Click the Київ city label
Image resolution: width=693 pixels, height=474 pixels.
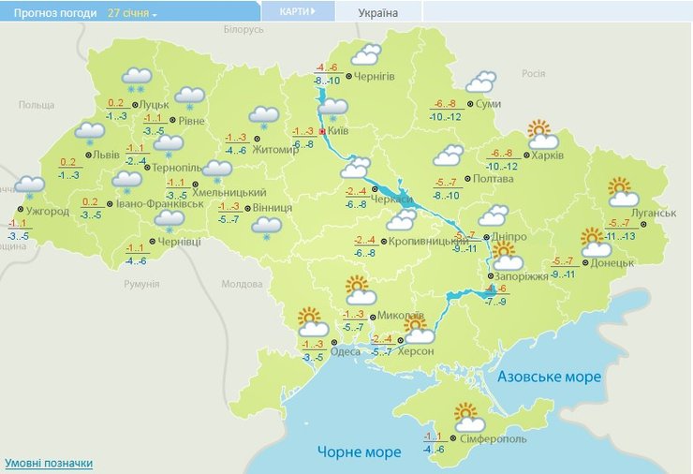click(x=339, y=132)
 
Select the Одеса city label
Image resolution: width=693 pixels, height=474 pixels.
click(x=346, y=351)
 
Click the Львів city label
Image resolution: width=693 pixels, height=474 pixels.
click(x=102, y=156)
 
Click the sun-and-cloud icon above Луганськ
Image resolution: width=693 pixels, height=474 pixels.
click(x=622, y=192)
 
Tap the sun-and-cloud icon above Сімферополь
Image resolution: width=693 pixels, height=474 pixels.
click(x=466, y=416)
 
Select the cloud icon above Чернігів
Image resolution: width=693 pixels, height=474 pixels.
click(x=365, y=54)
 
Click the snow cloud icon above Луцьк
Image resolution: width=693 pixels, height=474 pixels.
click(x=137, y=81)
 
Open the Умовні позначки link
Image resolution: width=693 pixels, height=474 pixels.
click(x=49, y=464)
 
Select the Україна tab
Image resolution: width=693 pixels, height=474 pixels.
click(x=378, y=12)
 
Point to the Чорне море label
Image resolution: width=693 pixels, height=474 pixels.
click(x=359, y=452)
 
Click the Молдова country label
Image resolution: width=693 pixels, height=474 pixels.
click(x=242, y=284)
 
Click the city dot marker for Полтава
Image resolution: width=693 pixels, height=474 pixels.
click(x=469, y=178)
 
